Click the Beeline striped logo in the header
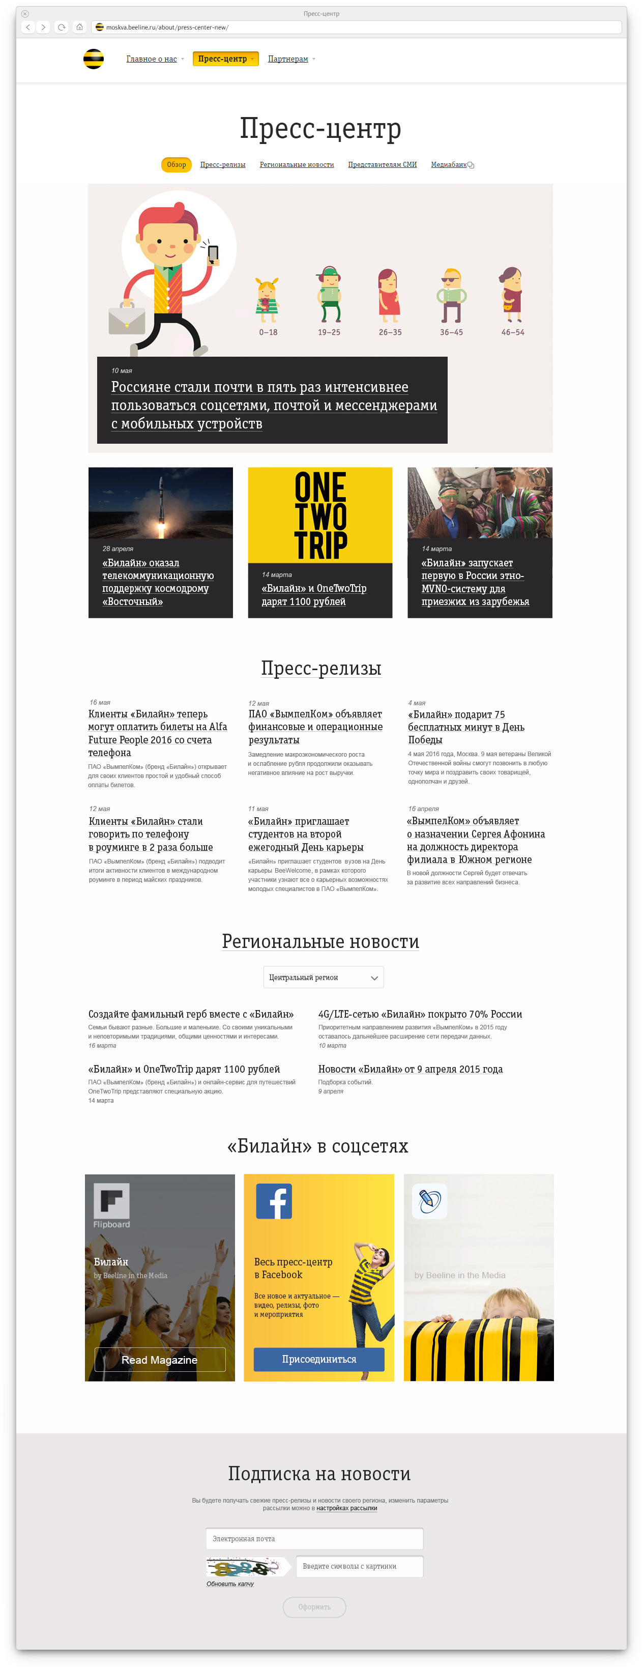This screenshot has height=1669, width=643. [93, 59]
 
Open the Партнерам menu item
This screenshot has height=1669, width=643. [288, 59]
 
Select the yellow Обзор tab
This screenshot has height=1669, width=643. [176, 164]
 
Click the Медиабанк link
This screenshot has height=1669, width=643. [449, 164]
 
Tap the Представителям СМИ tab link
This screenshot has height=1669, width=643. [382, 164]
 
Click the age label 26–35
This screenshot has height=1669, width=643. [390, 332]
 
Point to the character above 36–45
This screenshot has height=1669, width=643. [451, 295]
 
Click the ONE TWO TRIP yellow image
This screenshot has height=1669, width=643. [320, 515]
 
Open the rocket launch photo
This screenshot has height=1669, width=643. [161, 503]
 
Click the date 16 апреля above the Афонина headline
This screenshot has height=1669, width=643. [423, 809]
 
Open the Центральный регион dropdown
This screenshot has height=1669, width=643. [323, 977]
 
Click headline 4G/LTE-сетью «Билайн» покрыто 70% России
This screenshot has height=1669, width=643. [420, 1014]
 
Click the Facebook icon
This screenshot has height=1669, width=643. [274, 1200]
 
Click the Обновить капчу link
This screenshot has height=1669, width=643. [230, 1584]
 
